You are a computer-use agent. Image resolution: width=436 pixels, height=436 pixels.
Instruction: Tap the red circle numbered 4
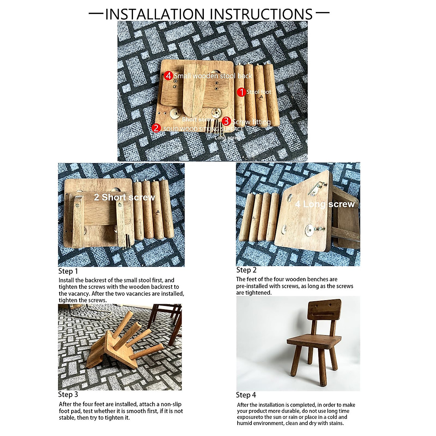coord(168,76)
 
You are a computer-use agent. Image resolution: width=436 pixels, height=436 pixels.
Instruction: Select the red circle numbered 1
coord(241,92)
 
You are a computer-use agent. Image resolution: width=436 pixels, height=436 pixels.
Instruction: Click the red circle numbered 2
coord(156,128)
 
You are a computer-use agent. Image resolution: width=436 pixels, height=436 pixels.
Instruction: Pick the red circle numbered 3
coord(226,121)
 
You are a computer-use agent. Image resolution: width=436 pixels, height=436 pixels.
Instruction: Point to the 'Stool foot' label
coord(259,92)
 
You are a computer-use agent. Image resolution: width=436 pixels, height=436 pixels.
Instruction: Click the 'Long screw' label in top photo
coord(227,138)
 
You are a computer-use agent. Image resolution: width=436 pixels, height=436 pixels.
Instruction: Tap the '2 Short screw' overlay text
coord(124,197)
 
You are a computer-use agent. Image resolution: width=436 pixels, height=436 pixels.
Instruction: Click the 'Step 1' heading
coord(68,271)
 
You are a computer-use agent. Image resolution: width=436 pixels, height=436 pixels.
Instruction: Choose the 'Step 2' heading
coord(246,270)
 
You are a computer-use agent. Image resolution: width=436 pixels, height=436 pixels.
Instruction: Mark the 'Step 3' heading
coord(68,395)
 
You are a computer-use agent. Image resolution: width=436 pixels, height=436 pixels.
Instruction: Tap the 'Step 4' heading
coord(246,395)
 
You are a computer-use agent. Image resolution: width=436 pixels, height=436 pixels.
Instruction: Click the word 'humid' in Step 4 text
coord(245,423)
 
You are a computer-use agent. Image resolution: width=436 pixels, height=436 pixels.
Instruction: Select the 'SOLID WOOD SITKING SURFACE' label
coord(203,129)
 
